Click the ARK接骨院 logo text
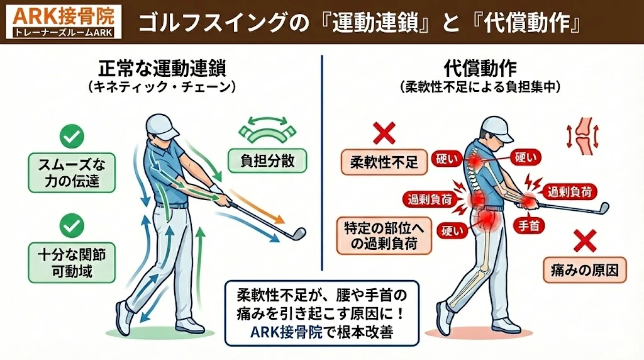tap(60, 14)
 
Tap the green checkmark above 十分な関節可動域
tap(72, 225)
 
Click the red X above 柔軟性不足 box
tap(384, 133)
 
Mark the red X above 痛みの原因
tap(584, 240)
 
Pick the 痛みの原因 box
tap(584, 271)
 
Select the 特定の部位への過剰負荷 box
tap(384, 236)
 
